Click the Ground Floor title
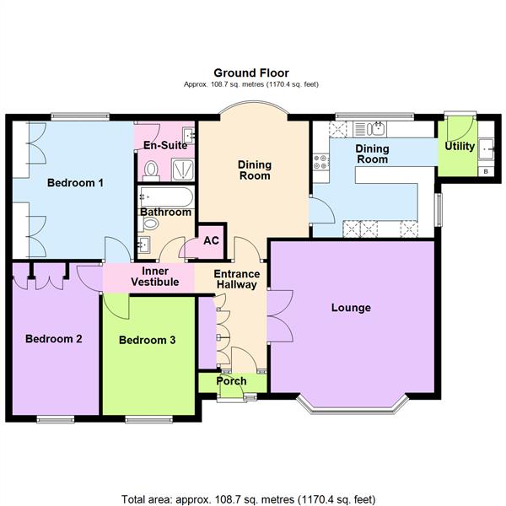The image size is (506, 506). point(252,73)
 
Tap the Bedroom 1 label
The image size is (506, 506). point(75,182)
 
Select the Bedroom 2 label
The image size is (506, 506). point(53,339)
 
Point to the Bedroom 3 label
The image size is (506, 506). point(147,340)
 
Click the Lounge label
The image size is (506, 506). point(351,308)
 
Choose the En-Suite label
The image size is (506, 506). point(165,145)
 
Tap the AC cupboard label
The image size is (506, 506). point(211,240)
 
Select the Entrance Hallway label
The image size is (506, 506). point(235,279)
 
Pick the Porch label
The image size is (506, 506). point(232,381)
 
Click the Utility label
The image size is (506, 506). point(460,147)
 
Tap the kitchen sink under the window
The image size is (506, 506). point(377,129)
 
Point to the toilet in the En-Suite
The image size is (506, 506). point(152,172)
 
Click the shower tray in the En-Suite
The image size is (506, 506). point(183,170)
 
